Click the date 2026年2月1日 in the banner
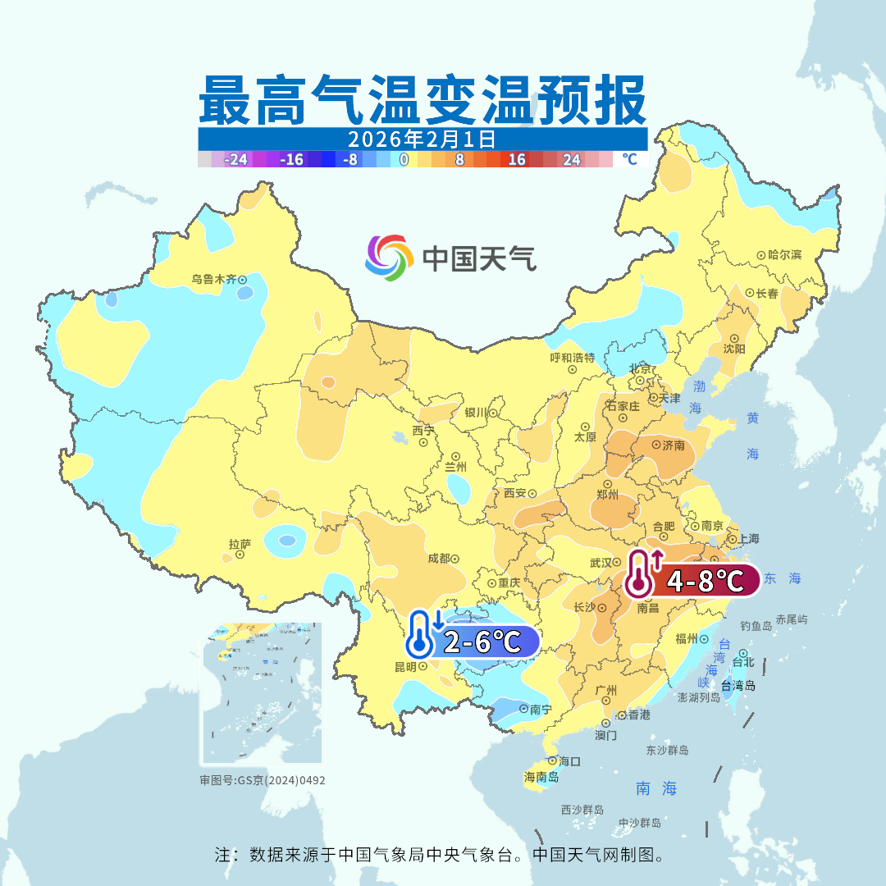tap(422, 138)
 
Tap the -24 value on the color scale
tap(237, 159)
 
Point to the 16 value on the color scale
tap(517, 159)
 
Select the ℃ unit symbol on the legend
tap(629, 159)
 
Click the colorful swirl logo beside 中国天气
tap(389, 258)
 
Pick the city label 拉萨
tap(240, 543)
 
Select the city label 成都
tap(438, 559)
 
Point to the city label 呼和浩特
tap(572, 358)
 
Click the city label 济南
tap(673, 445)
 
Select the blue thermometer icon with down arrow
tap(422, 634)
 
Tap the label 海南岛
tap(541, 777)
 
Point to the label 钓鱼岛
tap(756, 626)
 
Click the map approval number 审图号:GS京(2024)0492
tap(263, 780)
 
